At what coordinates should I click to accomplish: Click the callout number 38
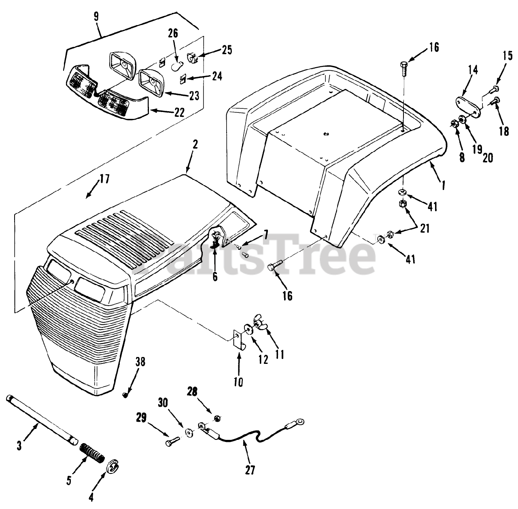click(129, 361)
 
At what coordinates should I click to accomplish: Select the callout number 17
click(104, 178)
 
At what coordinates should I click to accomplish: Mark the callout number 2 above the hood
click(195, 146)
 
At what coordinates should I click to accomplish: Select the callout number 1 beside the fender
click(444, 186)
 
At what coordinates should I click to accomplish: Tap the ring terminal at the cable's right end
click(299, 422)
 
